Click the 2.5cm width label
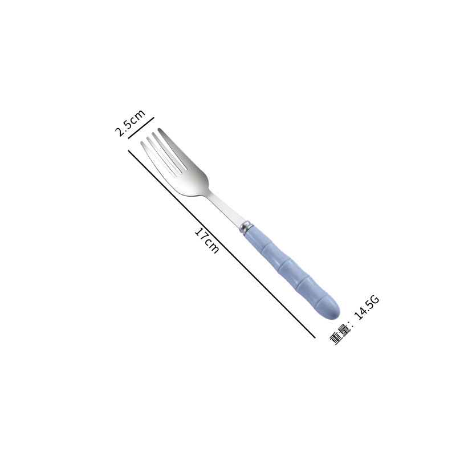pyautogui.click(x=130, y=123)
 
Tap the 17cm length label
pyautogui.click(x=207, y=241)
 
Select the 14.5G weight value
pyautogui.click(x=367, y=307)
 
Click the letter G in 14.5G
pyautogui.click(x=375, y=300)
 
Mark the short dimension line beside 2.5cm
pyautogui.click(x=141, y=128)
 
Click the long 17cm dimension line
pyautogui.click(x=222, y=244)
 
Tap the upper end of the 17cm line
pyautogui.click(x=128, y=150)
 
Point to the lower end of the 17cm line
pyautogui.click(x=315, y=338)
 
